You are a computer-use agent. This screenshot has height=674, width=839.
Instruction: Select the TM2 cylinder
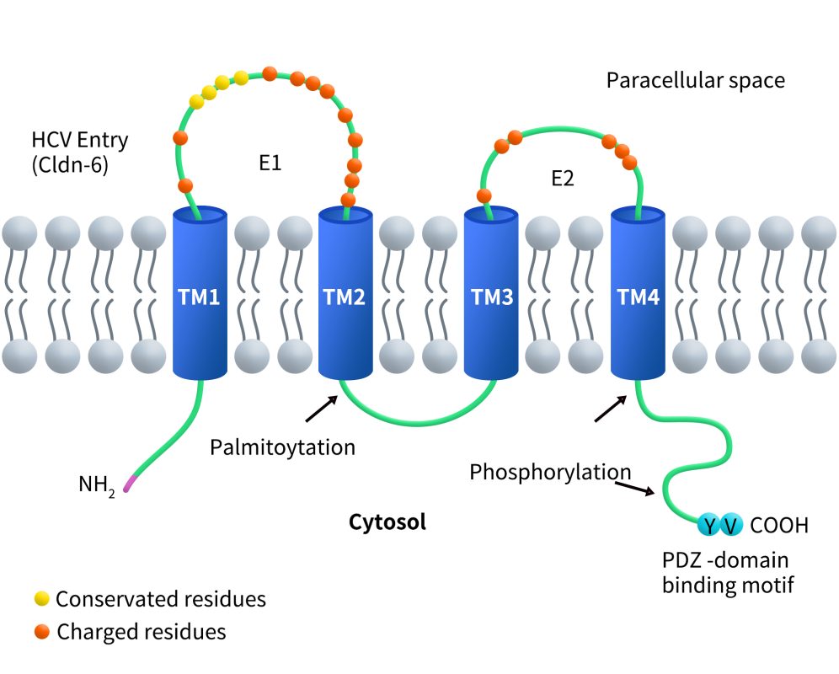pos(345,297)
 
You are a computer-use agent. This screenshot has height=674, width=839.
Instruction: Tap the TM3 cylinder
pos(491,297)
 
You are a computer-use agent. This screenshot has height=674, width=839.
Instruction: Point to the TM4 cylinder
pos(638,297)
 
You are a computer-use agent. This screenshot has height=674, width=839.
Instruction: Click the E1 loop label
pos(270,163)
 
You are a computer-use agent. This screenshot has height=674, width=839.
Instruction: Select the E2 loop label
pos(563,179)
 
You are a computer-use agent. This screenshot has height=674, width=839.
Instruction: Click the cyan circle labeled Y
pos(710,526)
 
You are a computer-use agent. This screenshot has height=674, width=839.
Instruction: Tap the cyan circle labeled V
pos(731,526)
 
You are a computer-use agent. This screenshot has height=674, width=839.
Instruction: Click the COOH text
pos(778,527)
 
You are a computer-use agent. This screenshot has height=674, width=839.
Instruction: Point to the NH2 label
pos(96,485)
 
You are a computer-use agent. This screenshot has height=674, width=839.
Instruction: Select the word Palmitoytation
pos(282,447)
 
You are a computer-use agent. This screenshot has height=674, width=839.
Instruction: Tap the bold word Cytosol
pos(387,522)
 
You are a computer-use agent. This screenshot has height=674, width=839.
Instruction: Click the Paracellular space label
pos(695,81)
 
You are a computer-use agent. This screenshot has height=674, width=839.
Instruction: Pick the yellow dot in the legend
pos(41,599)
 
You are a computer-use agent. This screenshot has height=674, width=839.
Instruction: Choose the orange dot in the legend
pos(41,631)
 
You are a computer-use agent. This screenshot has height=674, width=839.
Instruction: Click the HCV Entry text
pos(80,139)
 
